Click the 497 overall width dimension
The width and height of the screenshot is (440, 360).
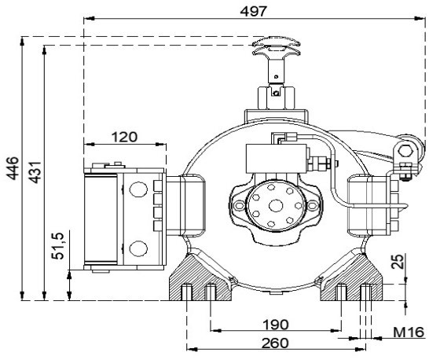(x=253, y=12)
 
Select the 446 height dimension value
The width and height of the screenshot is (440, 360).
(x=13, y=168)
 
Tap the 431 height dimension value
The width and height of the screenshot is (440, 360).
(x=35, y=172)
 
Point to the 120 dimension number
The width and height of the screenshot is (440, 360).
(x=125, y=137)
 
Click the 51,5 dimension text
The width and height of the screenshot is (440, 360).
(x=58, y=246)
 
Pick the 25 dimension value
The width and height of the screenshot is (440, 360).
(x=398, y=262)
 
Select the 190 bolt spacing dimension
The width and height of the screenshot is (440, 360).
(x=275, y=325)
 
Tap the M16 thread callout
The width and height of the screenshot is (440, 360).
(x=409, y=332)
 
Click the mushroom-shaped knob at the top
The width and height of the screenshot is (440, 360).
(x=277, y=47)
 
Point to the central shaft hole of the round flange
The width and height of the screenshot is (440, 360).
(x=276, y=206)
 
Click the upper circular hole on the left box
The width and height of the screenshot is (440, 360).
(x=138, y=189)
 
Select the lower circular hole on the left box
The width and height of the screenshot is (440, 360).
(x=138, y=248)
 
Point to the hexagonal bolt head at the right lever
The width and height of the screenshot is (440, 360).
(x=405, y=151)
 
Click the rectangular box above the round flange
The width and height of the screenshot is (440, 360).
(x=277, y=158)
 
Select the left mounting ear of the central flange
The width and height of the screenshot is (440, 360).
(x=239, y=206)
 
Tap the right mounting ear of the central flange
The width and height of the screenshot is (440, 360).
(x=313, y=206)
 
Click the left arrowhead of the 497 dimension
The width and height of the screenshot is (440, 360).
(x=89, y=19)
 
